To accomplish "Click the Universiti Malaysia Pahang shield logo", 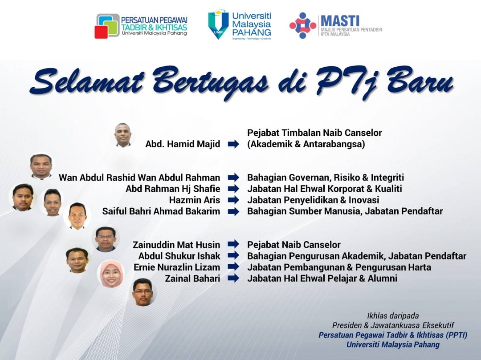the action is coord(218,25).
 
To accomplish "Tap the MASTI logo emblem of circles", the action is coord(303,26).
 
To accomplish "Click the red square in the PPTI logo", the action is coord(101,32).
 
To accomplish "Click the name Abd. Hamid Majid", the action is coord(183,144).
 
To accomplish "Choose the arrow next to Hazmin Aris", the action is coord(233,200).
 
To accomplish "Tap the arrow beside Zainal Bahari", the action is coord(233,278).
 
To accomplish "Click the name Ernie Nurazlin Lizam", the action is coord(177,267).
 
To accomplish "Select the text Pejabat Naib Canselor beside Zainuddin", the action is coord(294,245).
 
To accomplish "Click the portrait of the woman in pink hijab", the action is coord(111,274).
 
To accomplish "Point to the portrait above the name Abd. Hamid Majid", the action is coord(123,135).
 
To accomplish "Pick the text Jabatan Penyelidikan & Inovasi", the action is coord(313,200).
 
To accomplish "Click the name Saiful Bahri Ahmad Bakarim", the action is coord(161,211).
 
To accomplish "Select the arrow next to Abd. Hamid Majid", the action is coord(233,144).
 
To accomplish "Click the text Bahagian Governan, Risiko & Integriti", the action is coord(326,178).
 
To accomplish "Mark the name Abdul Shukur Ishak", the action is coord(179,256).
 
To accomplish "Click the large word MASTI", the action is coord(340,21).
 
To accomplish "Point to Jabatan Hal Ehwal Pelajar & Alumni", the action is coord(322,278).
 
